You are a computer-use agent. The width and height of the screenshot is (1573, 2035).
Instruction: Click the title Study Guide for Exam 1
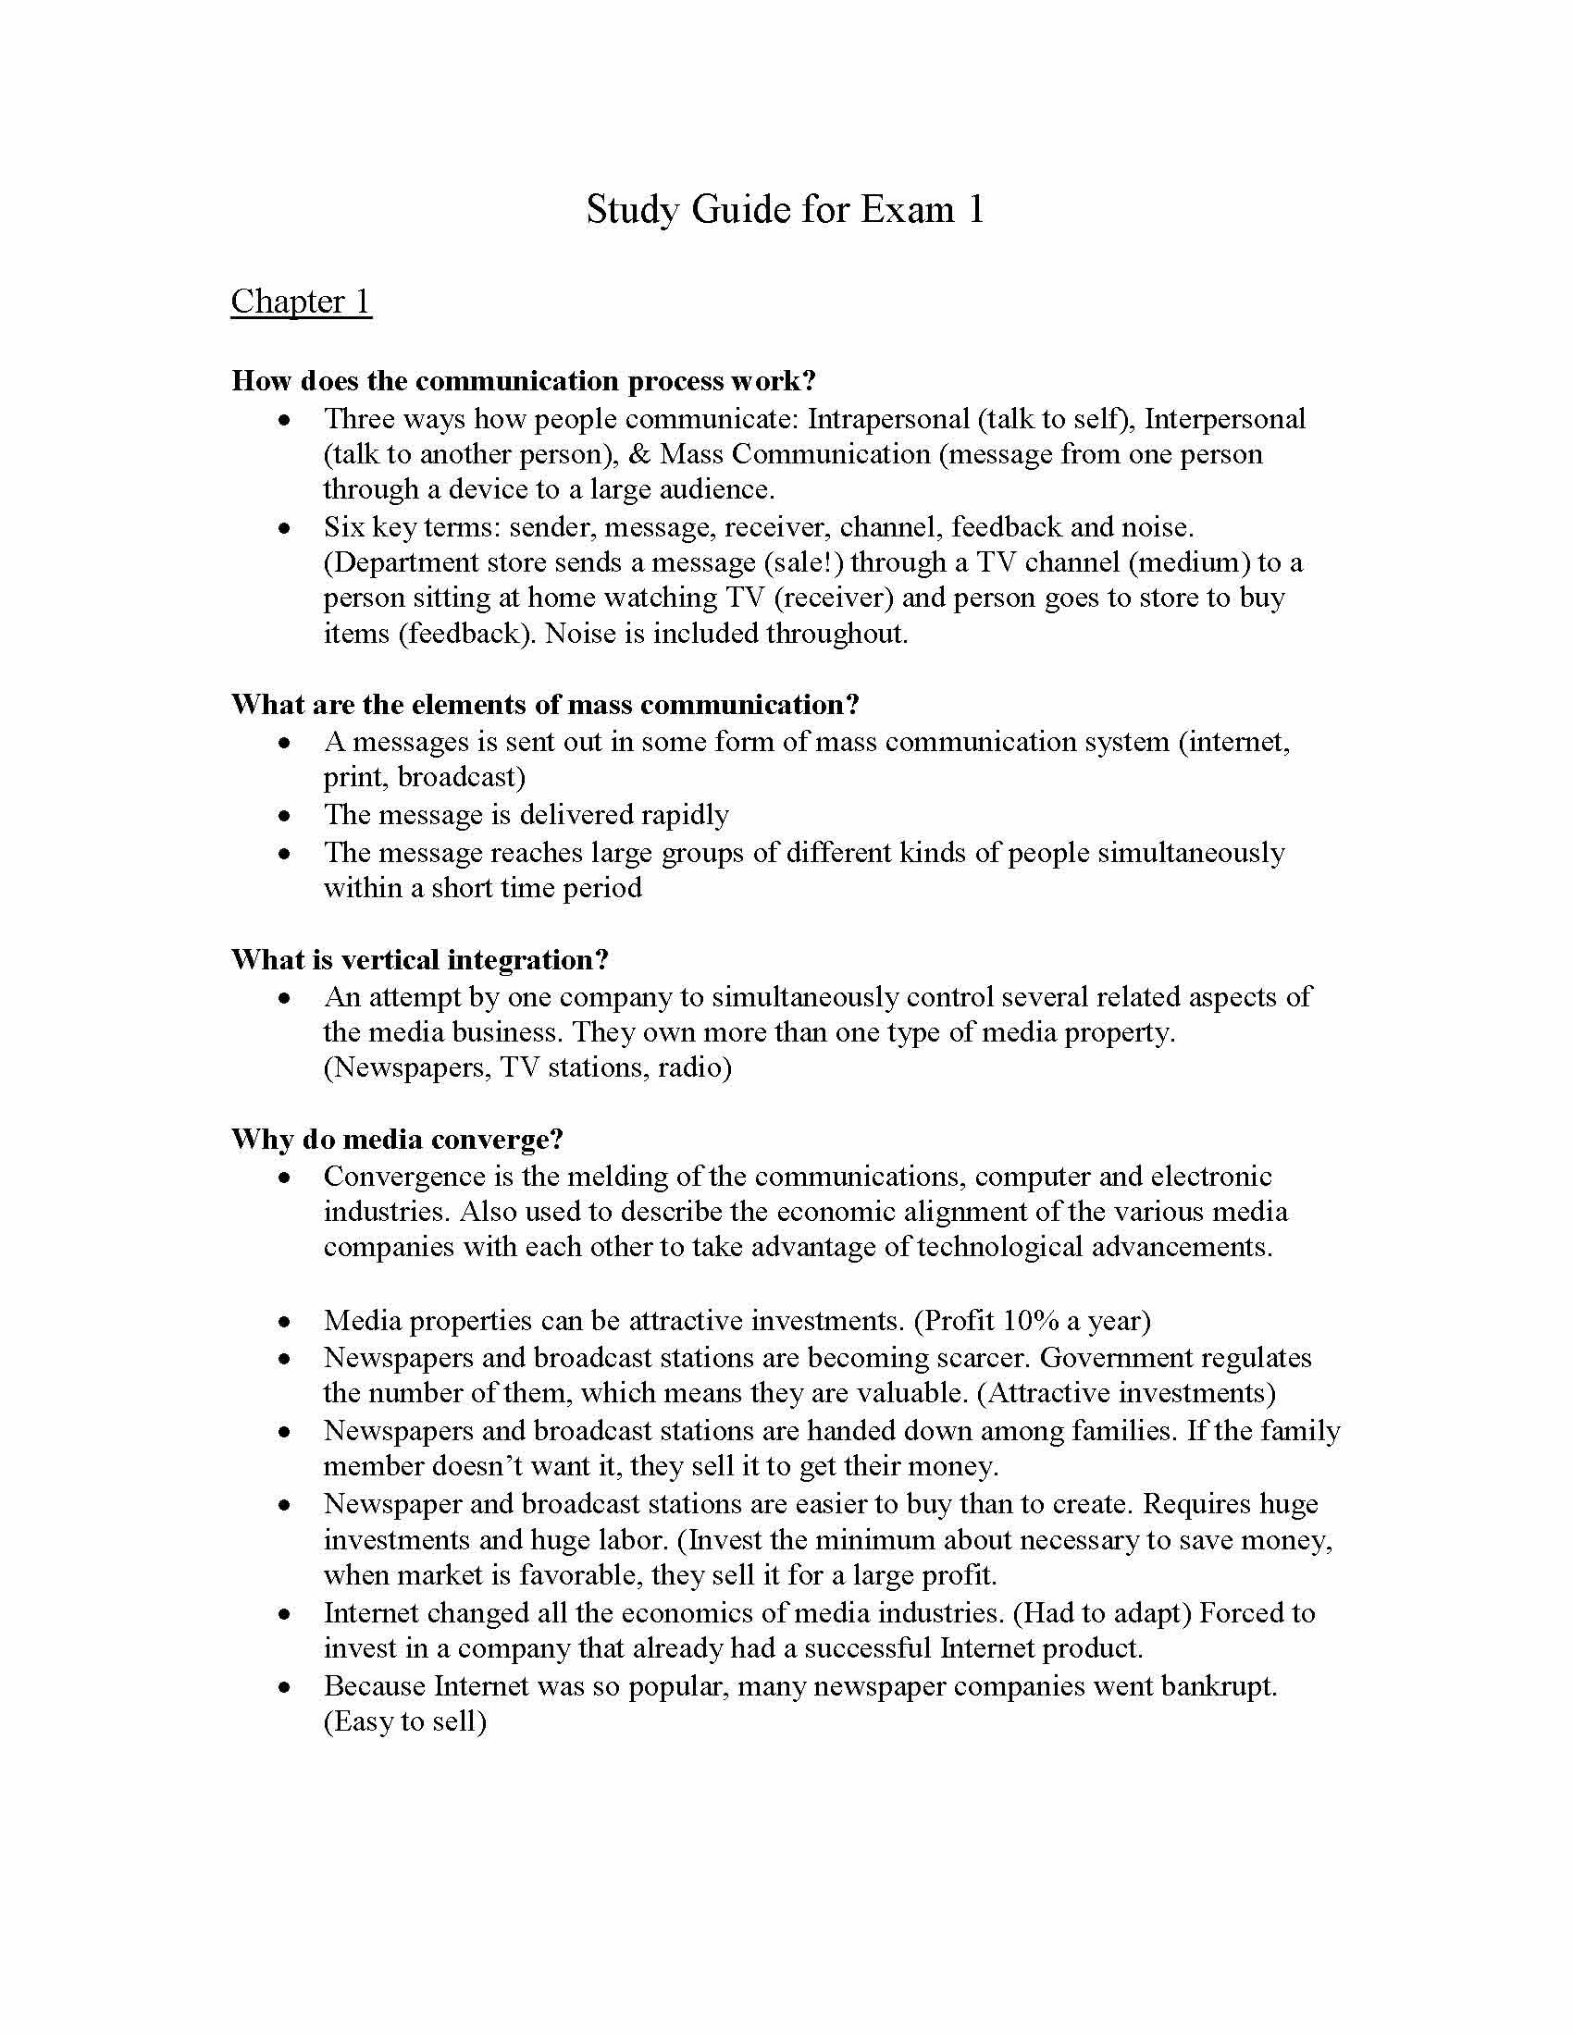(785, 210)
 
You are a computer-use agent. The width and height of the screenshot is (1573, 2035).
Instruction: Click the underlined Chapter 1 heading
(301, 302)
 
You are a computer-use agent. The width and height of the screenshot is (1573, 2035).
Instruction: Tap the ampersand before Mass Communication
(639, 455)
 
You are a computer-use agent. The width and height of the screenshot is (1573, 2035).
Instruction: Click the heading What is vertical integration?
(419, 960)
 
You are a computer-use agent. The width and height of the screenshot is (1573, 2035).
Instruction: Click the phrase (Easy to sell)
(405, 1722)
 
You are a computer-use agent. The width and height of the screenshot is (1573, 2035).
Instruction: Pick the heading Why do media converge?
(397, 1140)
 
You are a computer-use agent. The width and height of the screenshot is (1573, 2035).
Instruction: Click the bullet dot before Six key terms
(284, 528)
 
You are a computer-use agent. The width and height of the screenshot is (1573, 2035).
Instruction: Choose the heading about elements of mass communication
(545, 705)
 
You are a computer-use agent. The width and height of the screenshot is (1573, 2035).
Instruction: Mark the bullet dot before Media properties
(284, 1322)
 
